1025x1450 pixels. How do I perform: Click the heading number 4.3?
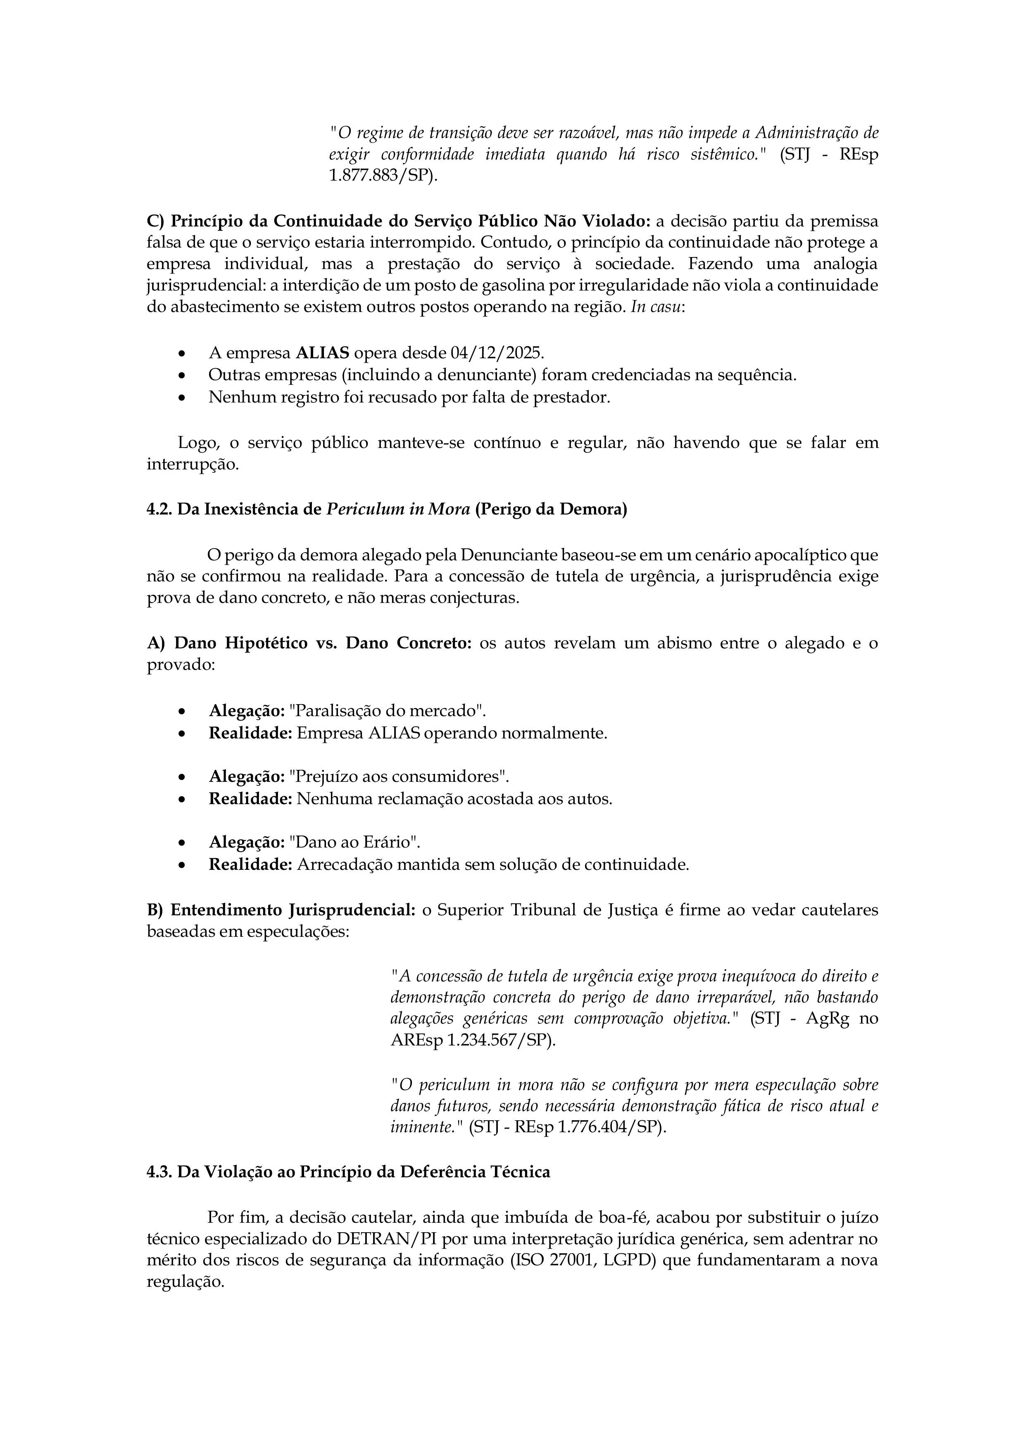click(159, 1172)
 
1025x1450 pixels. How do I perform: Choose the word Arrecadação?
click(346, 864)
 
